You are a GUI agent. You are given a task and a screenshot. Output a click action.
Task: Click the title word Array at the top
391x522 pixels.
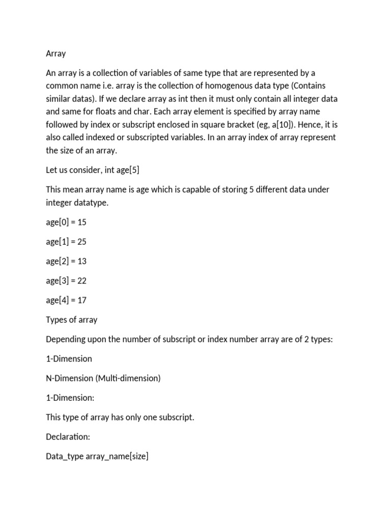click(x=56, y=54)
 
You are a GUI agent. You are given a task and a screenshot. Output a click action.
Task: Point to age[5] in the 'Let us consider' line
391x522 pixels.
click(x=126, y=170)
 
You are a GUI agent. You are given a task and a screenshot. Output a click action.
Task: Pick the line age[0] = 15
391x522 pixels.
click(x=66, y=222)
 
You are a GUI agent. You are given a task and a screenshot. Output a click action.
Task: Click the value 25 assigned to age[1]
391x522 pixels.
click(x=82, y=242)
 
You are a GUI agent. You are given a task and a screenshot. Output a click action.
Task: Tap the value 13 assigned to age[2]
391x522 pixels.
click(x=82, y=261)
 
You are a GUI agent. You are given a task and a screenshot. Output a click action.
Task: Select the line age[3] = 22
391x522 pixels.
click(x=66, y=280)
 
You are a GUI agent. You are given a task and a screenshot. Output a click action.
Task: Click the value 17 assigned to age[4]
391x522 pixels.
click(x=82, y=300)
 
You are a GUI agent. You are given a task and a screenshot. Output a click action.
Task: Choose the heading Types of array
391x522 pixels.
click(x=71, y=320)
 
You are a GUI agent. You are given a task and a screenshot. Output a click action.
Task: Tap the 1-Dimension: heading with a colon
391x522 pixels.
click(x=70, y=398)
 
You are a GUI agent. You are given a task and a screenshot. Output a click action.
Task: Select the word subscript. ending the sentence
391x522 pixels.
click(x=177, y=417)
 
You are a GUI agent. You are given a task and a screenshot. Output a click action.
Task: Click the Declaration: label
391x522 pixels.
click(x=68, y=437)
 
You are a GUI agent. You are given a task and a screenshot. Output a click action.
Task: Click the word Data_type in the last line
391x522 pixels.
click(x=61, y=457)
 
